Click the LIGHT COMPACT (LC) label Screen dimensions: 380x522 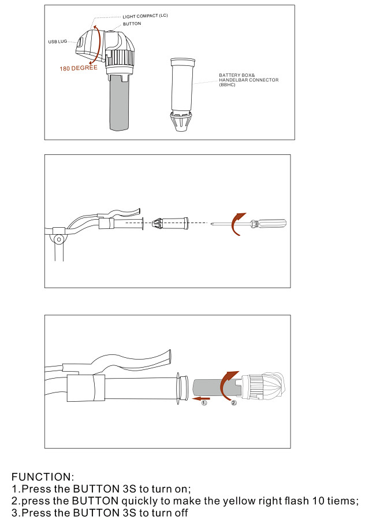click(x=145, y=16)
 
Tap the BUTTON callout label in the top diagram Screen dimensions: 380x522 click(x=132, y=24)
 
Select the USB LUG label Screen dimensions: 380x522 click(x=58, y=42)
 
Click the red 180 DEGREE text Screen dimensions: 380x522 click(x=79, y=68)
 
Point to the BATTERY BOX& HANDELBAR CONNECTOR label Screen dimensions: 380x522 click(x=249, y=80)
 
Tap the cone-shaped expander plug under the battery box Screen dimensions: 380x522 click(x=181, y=121)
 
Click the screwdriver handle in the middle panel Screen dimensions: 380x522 click(x=271, y=223)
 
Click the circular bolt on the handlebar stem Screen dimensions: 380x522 click(x=59, y=239)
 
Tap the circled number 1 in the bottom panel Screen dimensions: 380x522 click(x=204, y=403)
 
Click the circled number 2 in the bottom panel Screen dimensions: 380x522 click(x=234, y=403)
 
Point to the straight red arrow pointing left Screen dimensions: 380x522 click(x=201, y=398)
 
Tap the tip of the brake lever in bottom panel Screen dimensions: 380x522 click(x=170, y=357)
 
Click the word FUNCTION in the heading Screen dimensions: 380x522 click(x=41, y=477)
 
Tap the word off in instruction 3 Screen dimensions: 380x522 click(x=179, y=512)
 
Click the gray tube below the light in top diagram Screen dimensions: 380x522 click(x=119, y=103)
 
